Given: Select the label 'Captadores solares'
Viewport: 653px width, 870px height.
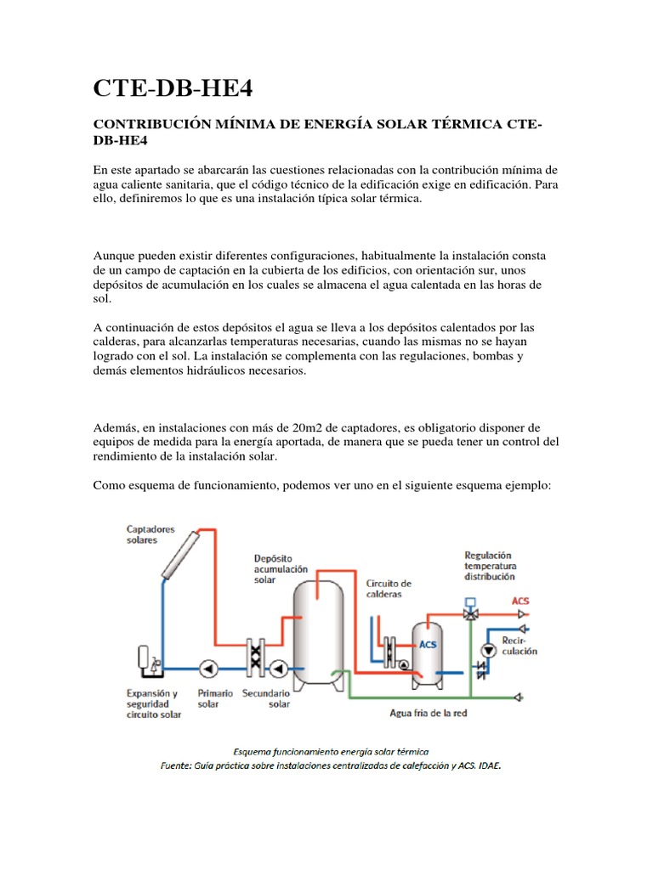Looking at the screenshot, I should click(x=150, y=534).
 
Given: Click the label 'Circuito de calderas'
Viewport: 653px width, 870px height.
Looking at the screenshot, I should click(x=389, y=589).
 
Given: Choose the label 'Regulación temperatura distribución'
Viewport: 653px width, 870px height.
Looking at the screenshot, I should click(x=490, y=565).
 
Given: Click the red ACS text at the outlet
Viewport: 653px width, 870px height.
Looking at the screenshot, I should click(x=520, y=601).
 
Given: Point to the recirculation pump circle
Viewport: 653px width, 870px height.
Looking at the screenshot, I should click(x=488, y=649).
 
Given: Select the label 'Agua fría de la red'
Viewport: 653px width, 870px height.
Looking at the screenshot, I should click(x=428, y=713).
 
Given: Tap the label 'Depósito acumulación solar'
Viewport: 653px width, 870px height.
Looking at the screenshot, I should click(x=280, y=568).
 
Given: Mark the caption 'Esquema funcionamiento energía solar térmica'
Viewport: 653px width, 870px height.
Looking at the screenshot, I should click(x=331, y=751).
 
